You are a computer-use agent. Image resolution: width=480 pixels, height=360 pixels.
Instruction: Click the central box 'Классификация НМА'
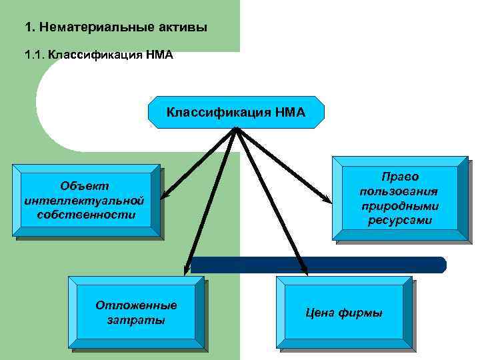[236, 112]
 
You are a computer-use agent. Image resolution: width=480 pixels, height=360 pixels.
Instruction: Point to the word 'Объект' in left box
[84, 185]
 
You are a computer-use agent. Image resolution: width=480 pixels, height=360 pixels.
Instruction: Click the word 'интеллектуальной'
[84, 199]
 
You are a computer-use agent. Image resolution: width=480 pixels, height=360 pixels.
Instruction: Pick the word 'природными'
[400, 206]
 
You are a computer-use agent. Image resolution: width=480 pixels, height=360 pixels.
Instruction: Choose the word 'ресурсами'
[400, 221]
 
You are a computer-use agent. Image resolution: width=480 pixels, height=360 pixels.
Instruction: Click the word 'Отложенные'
[137, 305]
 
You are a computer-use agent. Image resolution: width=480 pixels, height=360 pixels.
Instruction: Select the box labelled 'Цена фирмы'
[344, 313]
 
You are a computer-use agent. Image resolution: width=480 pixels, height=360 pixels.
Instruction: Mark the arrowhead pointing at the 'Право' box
[327, 199]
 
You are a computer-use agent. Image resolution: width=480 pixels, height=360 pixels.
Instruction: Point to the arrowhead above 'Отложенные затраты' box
[188, 270]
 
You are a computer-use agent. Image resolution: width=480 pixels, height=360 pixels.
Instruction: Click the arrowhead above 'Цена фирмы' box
[305, 271]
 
